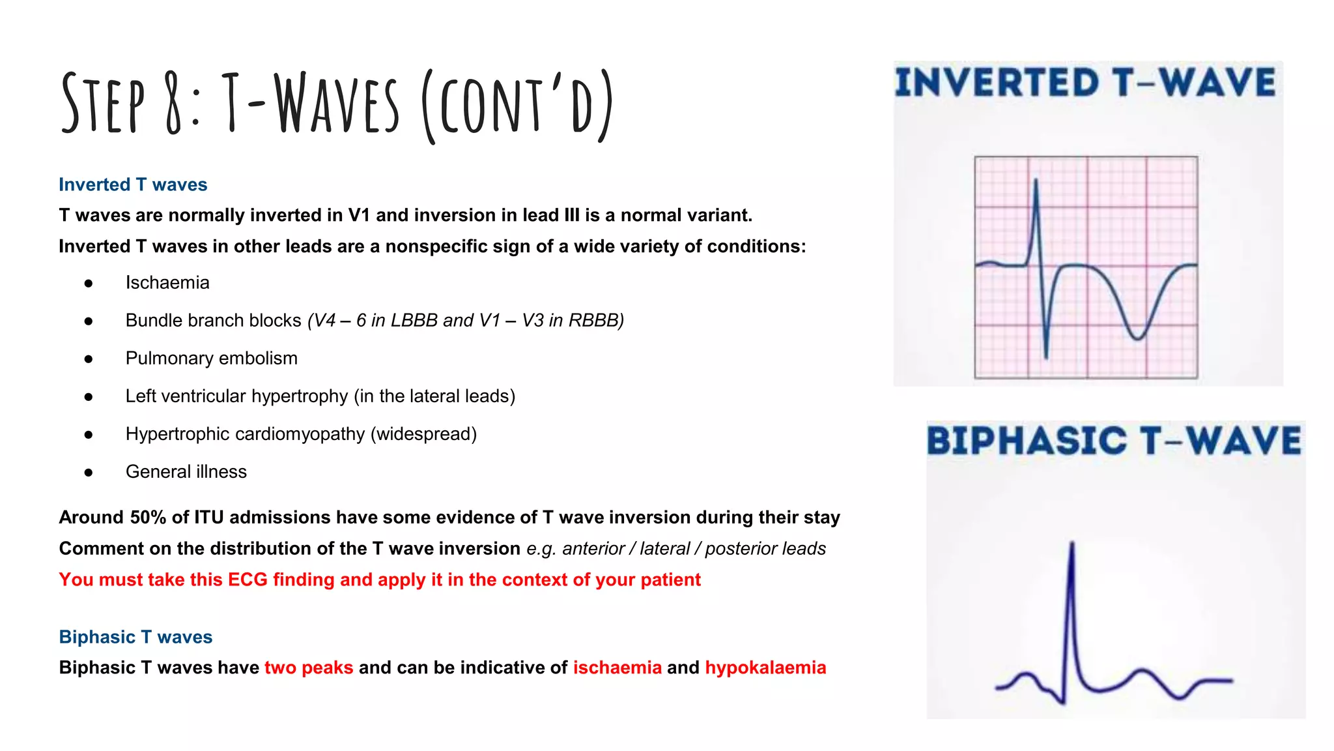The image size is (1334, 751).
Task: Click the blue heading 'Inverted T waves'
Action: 133,184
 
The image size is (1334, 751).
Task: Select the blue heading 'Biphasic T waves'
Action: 135,637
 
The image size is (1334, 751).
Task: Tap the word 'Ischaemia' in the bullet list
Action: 167,283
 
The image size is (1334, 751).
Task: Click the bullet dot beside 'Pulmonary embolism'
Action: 89,359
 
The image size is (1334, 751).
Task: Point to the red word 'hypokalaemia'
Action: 765,668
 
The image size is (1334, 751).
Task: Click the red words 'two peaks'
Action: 309,668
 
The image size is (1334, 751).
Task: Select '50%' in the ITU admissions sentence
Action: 148,518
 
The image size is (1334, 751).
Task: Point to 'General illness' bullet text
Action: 186,472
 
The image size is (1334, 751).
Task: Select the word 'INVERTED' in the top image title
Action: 997,83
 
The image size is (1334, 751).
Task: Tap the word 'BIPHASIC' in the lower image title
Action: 1026,441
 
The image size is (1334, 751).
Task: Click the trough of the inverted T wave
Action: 1137,338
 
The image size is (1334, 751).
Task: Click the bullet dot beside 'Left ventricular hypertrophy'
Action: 89,396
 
